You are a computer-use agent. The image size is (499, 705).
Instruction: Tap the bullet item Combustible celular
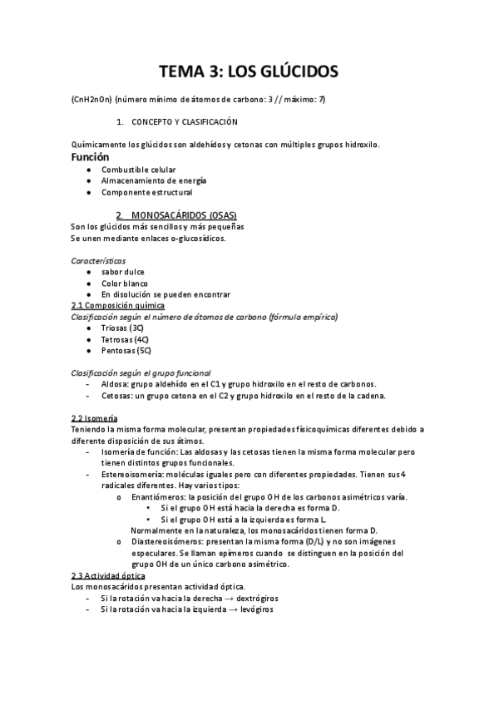[x=139, y=170]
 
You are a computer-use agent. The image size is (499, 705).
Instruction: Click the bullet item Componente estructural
[x=146, y=193]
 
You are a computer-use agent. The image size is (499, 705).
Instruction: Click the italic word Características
[x=99, y=260]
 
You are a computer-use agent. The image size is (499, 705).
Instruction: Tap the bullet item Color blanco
[x=125, y=283]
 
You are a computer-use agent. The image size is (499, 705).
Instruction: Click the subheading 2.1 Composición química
[x=117, y=306]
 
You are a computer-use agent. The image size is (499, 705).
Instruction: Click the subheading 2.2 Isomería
[x=95, y=417]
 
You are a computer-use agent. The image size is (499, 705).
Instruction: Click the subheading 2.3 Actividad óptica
[x=110, y=575]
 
